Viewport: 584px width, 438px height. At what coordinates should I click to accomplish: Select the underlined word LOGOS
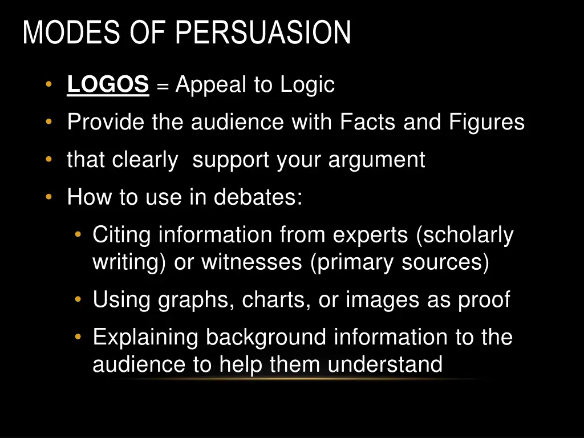108,85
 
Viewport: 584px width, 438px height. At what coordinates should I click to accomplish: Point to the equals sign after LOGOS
163,86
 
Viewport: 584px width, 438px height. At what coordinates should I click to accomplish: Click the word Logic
307,86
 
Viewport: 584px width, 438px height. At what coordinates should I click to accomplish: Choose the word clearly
145,160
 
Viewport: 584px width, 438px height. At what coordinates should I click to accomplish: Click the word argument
376,160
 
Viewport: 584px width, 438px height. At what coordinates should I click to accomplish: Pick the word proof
484,300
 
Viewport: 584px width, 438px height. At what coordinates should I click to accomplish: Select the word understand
385,364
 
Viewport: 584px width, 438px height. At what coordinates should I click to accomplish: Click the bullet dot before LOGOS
50,85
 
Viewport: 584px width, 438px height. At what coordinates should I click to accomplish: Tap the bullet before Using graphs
78,300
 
